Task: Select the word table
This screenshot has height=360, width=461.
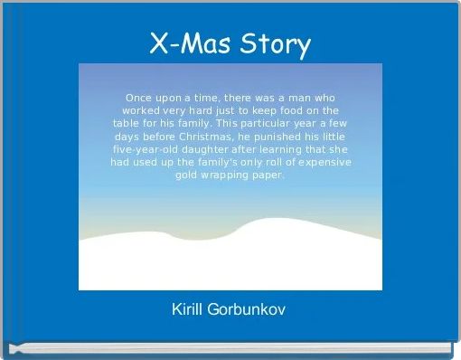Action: [x=129, y=123]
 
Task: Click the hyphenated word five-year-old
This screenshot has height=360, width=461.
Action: [x=148, y=149]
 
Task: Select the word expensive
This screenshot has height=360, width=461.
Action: [x=321, y=162]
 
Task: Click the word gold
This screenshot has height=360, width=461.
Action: [x=188, y=175]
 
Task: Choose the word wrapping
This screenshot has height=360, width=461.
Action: [x=230, y=175]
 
